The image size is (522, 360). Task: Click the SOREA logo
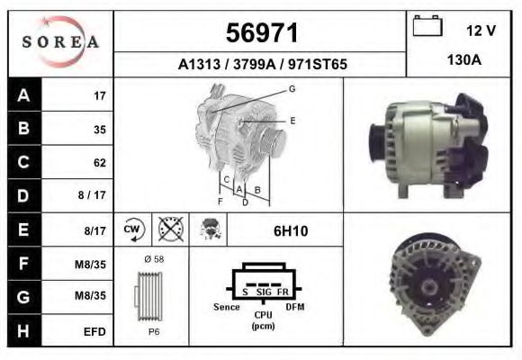(59, 42)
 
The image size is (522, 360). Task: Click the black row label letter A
(23, 95)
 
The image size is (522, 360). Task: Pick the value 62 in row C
(99, 163)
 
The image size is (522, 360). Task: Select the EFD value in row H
(94, 332)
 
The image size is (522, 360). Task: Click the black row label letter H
(23, 331)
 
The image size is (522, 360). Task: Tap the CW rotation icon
(133, 230)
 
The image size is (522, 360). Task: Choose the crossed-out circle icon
(168, 230)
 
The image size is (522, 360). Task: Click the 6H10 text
(290, 231)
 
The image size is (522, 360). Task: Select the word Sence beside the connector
(227, 308)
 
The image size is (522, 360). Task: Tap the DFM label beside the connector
(296, 308)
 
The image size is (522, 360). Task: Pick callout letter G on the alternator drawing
(292, 88)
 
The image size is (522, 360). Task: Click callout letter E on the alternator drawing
(292, 120)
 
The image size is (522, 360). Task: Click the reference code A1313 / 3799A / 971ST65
(263, 65)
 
